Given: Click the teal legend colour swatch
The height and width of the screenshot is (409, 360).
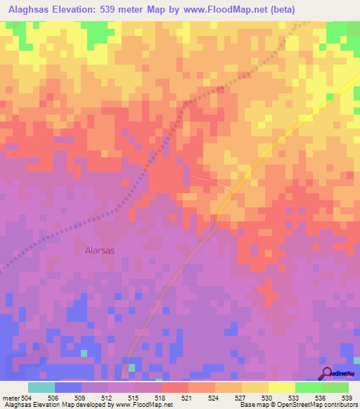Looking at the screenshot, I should tap(41, 387).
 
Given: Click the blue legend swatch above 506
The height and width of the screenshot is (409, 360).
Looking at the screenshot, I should tap(68, 387).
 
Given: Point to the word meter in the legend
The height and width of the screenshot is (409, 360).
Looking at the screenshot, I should tap(11, 398).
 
